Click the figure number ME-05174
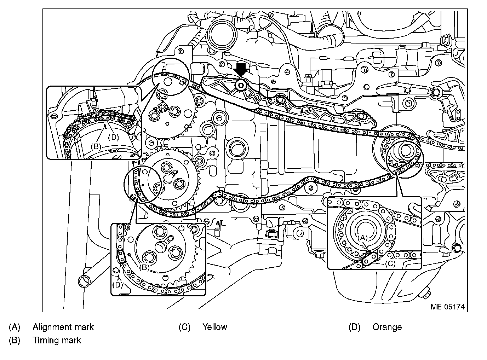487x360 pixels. [x=447, y=307]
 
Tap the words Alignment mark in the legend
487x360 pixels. [x=63, y=327]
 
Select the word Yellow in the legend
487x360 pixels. [x=214, y=327]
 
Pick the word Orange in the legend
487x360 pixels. [x=387, y=327]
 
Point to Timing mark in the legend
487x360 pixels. [x=57, y=340]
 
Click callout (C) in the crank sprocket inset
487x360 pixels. [x=390, y=263]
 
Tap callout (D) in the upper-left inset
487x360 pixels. [x=113, y=137]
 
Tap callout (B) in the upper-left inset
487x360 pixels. [x=96, y=146]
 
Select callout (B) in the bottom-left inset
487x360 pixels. [x=144, y=267]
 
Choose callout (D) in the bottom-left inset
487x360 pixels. [x=118, y=284]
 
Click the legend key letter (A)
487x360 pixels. [x=15, y=327]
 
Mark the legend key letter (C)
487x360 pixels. [x=184, y=327]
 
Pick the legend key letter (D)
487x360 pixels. [x=354, y=327]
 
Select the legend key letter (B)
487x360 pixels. [x=15, y=340]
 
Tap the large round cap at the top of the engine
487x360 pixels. [x=223, y=35]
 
